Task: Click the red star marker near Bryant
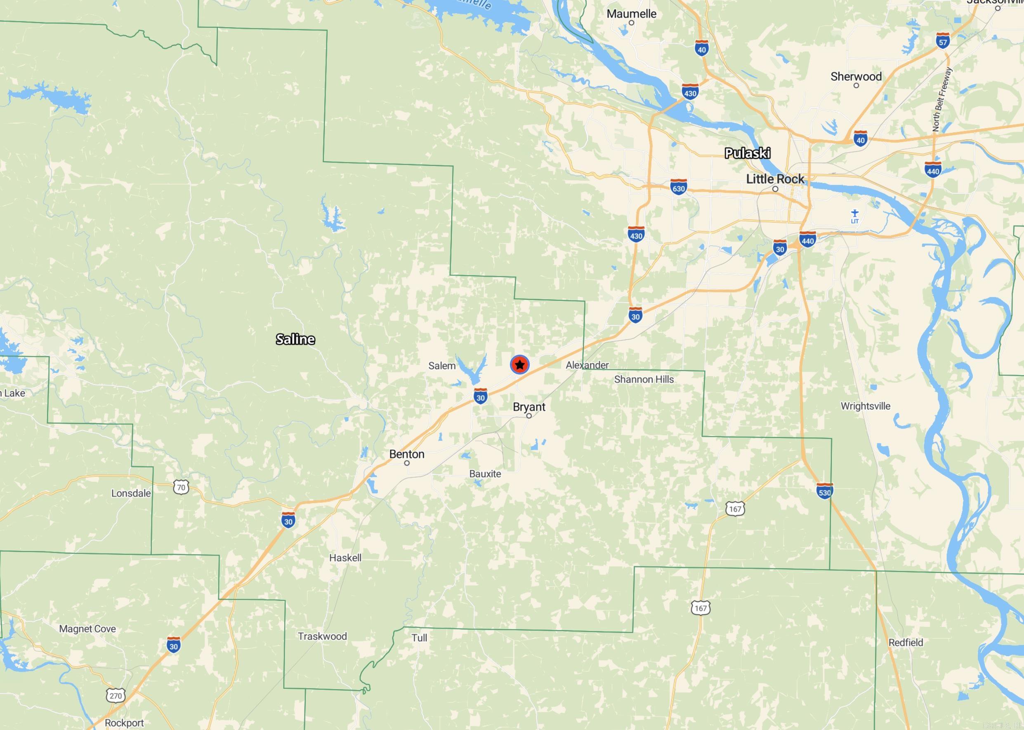pyautogui.click(x=519, y=365)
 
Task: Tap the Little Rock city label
pyautogui.click(x=775, y=179)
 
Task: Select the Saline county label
pyautogui.click(x=295, y=339)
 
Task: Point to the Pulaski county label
pyautogui.click(x=748, y=153)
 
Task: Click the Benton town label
pyautogui.click(x=406, y=454)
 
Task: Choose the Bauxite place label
pyautogui.click(x=485, y=474)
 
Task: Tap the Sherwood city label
pyautogui.click(x=856, y=76)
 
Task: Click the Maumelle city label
pyautogui.click(x=631, y=14)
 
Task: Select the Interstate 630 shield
pyautogui.click(x=678, y=187)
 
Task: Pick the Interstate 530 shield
pyautogui.click(x=824, y=491)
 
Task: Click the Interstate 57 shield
pyautogui.click(x=943, y=41)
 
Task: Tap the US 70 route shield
pyautogui.click(x=181, y=487)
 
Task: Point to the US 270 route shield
pyautogui.click(x=116, y=695)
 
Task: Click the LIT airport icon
pyautogui.click(x=854, y=215)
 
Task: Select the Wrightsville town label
pyautogui.click(x=865, y=406)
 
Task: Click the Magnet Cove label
pyautogui.click(x=88, y=629)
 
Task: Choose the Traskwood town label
pyautogui.click(x=322, y=636)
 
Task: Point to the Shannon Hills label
pyautogui.click(x=644, y=379)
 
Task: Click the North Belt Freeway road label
pyautogui.click(x=942, y=99)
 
